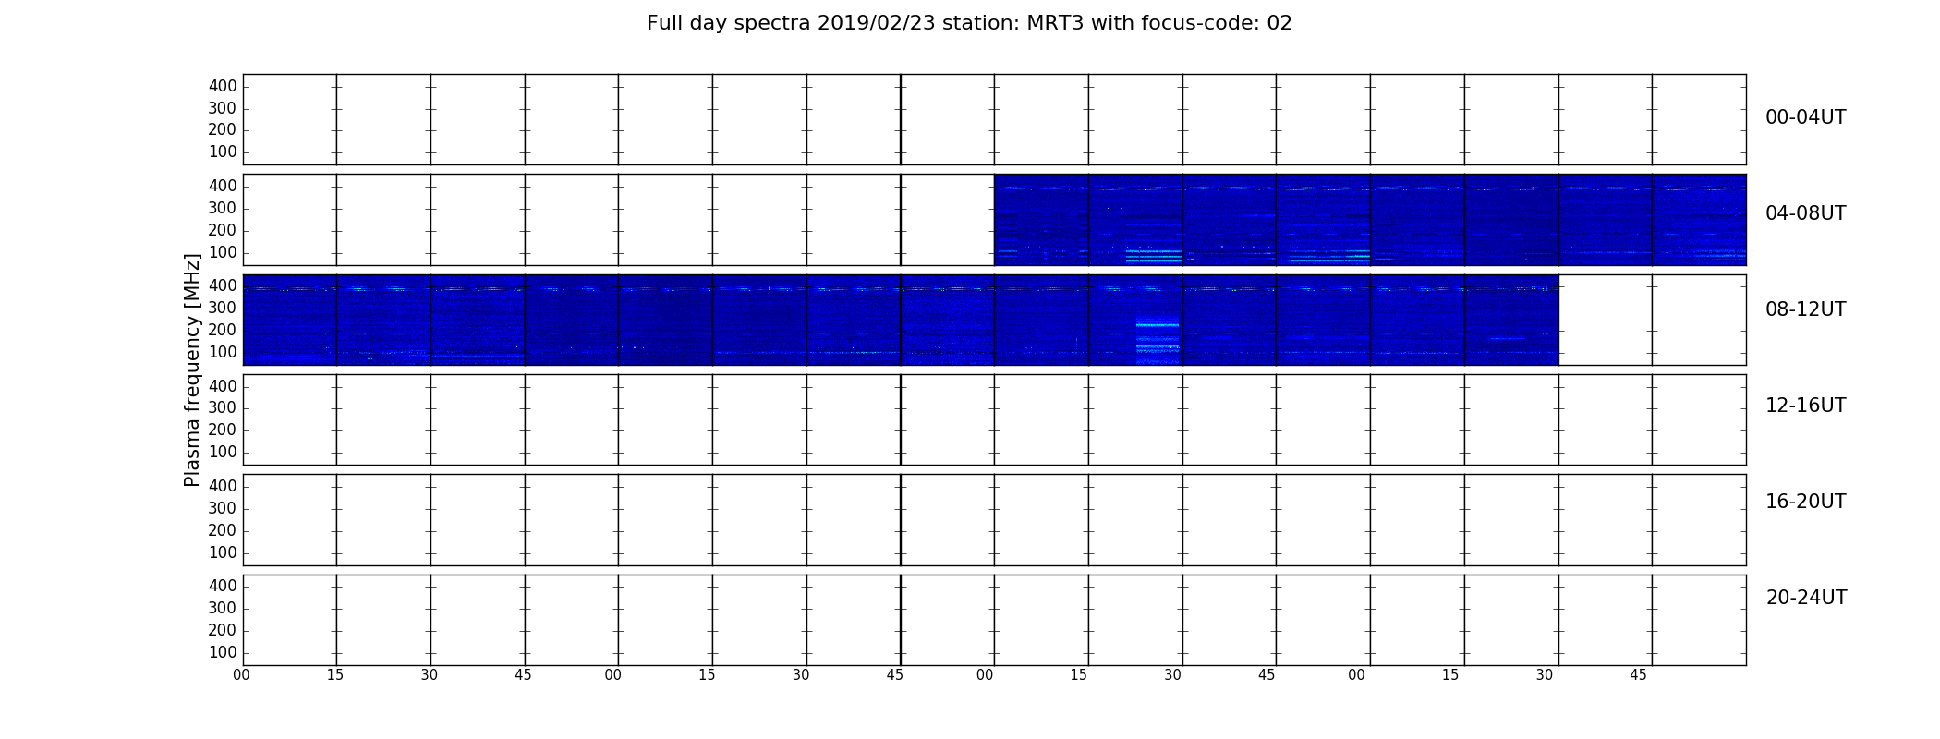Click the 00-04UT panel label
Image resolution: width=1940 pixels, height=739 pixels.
pos(1805,117)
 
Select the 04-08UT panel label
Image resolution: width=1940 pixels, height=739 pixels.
pos(1805,213)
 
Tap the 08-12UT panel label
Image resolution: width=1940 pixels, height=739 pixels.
pos(1805,309)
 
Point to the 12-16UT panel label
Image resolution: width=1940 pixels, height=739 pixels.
pos(1805,406)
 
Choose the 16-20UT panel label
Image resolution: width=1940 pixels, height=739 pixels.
pos(1805,502)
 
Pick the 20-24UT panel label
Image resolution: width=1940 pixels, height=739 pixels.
pos(1806,598)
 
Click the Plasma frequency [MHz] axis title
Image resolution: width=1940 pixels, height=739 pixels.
pos(192,369)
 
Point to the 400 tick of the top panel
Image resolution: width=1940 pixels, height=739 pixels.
pos(223,86)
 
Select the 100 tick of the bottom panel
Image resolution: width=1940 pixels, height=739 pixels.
pos(223,652)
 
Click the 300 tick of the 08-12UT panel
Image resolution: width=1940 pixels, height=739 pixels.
pos(223,308)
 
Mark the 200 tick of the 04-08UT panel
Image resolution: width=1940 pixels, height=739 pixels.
pos(223,230)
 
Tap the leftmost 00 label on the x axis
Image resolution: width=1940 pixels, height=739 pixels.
pos(241,675)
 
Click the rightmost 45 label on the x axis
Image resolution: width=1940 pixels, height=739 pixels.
pos(1638,675)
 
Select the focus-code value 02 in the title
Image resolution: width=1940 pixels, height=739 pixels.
pos(1279,23)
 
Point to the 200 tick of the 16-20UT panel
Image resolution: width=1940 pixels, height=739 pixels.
pos(223,530)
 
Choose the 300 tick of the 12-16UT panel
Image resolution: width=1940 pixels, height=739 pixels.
pos(223,407)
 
